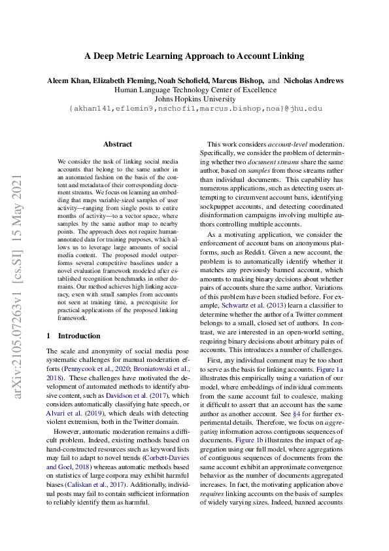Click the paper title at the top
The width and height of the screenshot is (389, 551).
pos(194,56)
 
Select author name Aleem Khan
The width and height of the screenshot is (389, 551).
pos(69,80)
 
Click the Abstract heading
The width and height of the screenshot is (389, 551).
pos(118,144)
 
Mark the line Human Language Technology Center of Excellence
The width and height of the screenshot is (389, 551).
pos(194,90)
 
